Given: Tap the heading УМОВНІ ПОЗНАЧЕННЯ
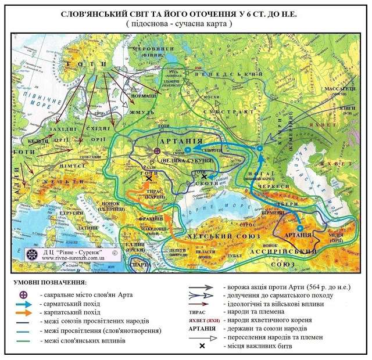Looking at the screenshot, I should click(48, 282).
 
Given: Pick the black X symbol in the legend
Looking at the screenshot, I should click(202, 346).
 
